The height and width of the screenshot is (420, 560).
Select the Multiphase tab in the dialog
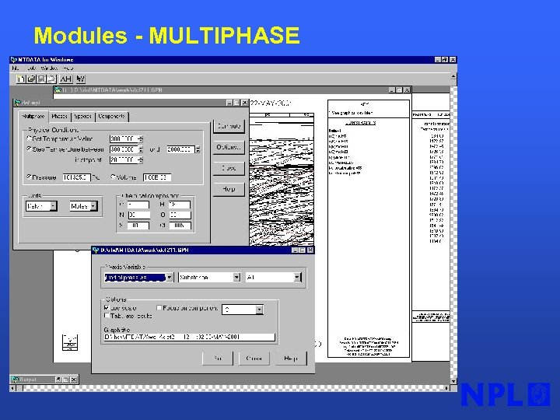coord(34,116)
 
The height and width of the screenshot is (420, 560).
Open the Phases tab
coord(60,116)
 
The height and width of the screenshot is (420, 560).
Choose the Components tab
coord(111,116)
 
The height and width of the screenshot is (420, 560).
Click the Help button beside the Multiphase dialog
coord(229,189)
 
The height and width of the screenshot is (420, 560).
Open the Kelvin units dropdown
coord(41,206)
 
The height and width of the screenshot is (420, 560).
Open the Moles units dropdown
coord(83,206)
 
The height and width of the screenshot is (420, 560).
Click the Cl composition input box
coord(179,225)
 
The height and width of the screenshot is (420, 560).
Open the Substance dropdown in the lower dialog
coord(210,277)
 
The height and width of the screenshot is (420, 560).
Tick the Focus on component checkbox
coord(159,308)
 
